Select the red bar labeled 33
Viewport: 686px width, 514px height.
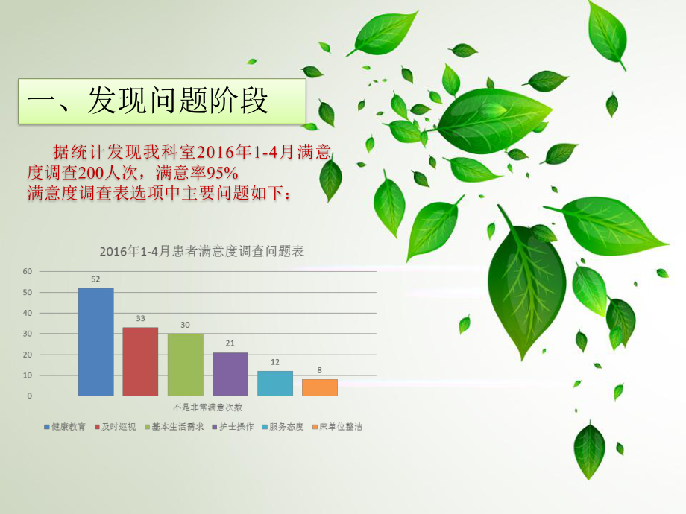pyautogui.click(x=140, y=361)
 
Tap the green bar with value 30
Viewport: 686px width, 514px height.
pyautogui.click(x=185, y=364)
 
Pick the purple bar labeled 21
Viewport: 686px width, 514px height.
pyautogui.click(x=230, y=373)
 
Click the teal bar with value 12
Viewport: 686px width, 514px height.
pyautogui.click(x=274, y=383)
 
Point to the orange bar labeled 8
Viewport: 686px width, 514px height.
pyautogui.click(x=319, y=387)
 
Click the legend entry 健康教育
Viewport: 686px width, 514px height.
pyautogui.click(x=66, y=427)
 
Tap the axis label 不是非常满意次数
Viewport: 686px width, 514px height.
pyautogui.click(x=208, y=407)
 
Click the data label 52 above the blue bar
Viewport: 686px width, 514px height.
pyautogui.click(x=96, y=279)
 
